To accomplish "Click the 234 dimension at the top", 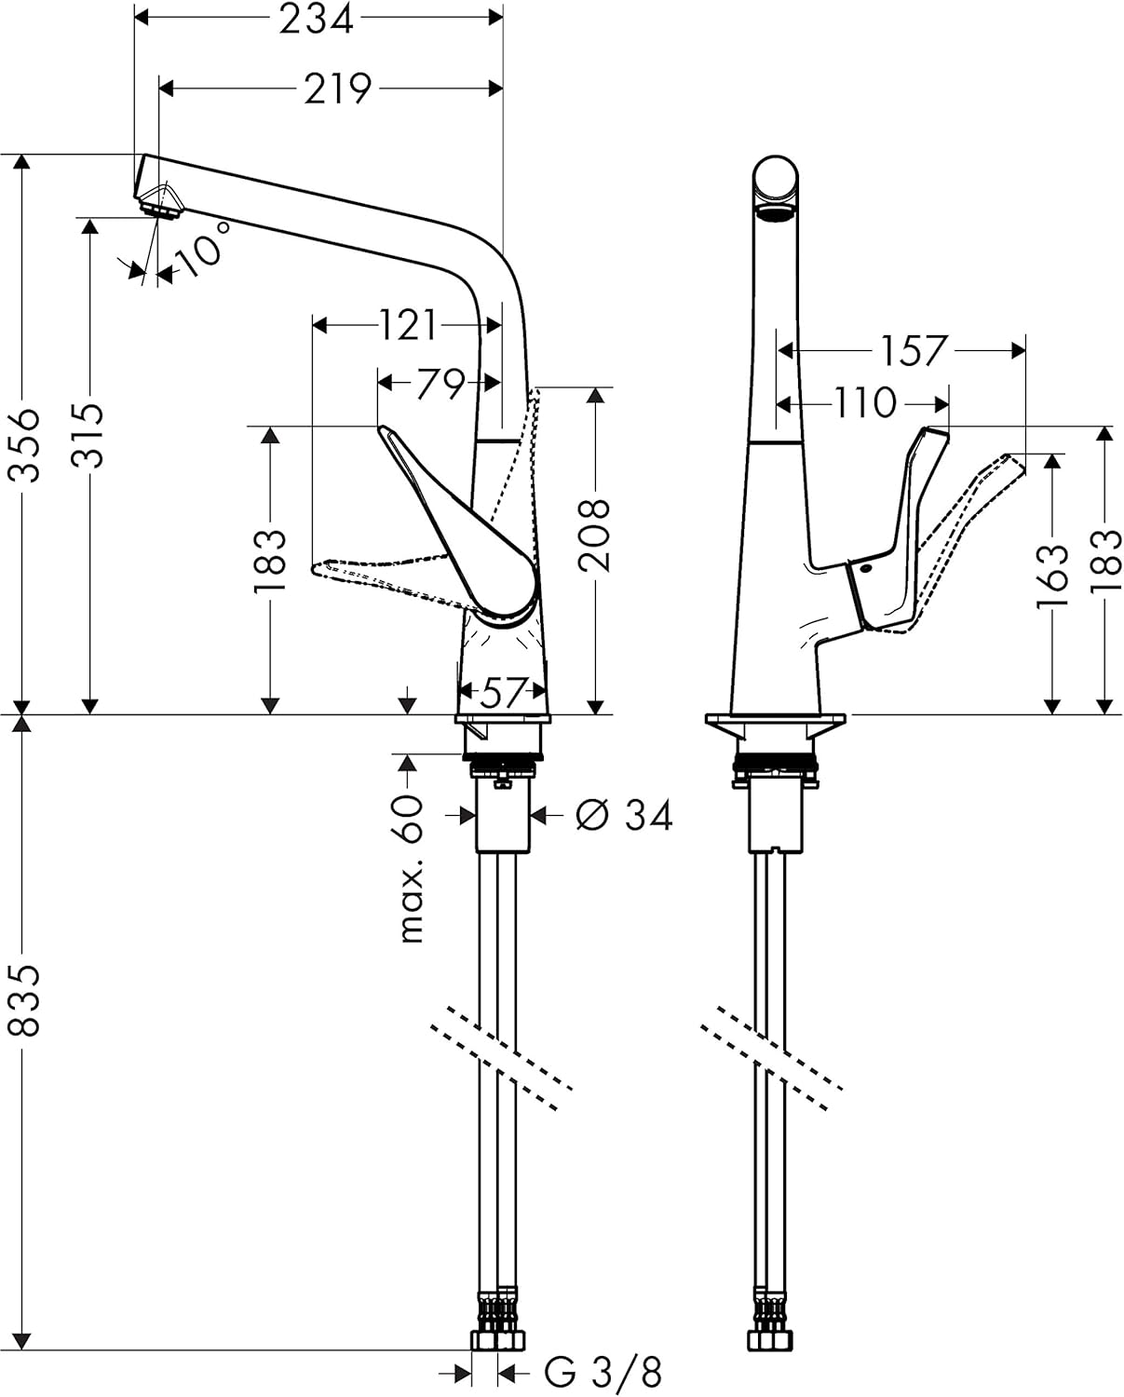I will pos(317,19).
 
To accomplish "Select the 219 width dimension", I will pos(337,88).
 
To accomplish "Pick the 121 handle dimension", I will pos(408,326).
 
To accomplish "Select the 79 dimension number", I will pos(440,383).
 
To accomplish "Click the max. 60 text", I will pos(411,868).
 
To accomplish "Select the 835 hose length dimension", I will pos(25,999).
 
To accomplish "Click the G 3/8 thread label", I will pos(603,1372).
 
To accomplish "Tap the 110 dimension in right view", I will pos(864,403).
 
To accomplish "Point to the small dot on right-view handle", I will pos(867,569).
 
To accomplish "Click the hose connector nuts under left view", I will pos(497,1335).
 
